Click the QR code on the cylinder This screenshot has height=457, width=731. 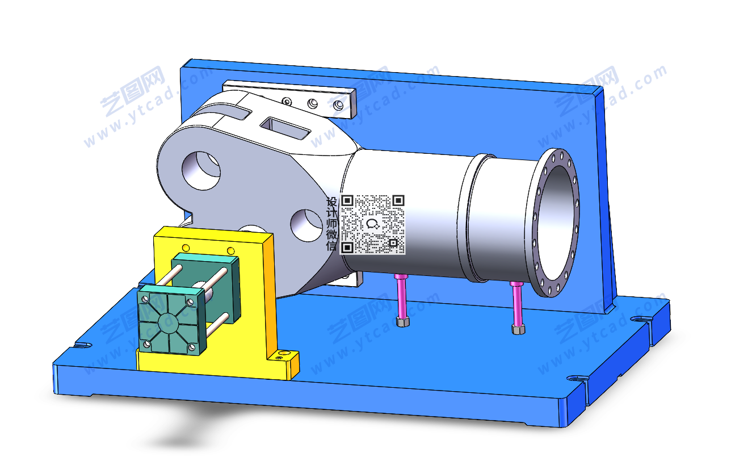click(x=372, y=225)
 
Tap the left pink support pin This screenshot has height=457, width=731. click(x=401, y=296)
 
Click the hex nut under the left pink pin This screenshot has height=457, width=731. click(x=403, y=321)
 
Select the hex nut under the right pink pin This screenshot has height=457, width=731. click(x=519, y=329)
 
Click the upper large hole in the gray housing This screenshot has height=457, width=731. click(x=201, y=170)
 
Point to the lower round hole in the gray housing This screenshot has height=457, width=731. click(x=306, y=225)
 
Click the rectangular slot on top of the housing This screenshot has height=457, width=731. click(x=285, y=128)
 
